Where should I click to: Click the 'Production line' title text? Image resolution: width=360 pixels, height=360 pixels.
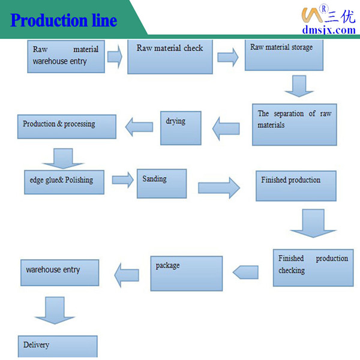(64, 21)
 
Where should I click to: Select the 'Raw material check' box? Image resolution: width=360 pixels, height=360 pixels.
(170, 57)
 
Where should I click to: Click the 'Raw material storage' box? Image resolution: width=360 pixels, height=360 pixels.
(284, 55)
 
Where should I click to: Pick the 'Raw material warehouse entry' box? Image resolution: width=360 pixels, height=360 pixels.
(66, 56)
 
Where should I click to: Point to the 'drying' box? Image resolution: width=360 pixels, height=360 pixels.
(181, 127)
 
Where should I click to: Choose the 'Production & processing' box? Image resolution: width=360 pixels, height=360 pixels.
(67, 125)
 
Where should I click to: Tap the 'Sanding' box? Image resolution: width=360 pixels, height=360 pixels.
(161, 183)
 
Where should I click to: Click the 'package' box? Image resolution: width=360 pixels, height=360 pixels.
(186, 273)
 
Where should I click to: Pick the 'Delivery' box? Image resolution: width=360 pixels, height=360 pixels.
(57, 346)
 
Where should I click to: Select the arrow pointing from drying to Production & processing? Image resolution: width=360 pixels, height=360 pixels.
(139, 126)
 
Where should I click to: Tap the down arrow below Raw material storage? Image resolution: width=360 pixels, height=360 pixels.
(299, 85)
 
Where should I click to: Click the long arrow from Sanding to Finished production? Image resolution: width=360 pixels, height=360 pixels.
(219, 187)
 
